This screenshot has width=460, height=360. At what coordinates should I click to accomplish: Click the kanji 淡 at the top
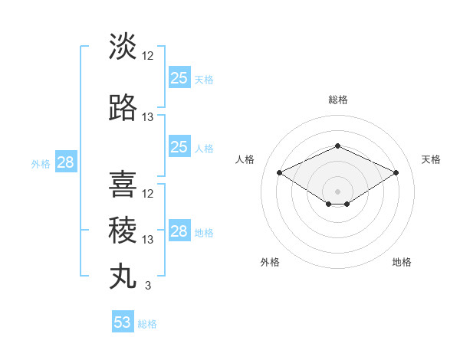point(123,46)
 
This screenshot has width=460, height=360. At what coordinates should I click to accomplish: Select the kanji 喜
point(123,185)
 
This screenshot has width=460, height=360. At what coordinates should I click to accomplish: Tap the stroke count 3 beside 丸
point(147,286)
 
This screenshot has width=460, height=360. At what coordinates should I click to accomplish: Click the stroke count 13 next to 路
point(148,116)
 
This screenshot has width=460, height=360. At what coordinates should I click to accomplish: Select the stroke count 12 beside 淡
point(148,56)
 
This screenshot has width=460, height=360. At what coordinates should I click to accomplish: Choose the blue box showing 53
point(123,322)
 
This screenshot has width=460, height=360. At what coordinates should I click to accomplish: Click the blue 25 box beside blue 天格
point(179,78)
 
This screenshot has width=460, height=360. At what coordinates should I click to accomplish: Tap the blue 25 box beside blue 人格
point(179,147)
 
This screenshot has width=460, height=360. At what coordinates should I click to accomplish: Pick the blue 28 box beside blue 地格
point(179,231)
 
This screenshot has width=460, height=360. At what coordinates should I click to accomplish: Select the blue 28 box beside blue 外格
point(65,162)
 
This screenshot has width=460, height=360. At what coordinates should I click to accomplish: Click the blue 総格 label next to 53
point(147,324)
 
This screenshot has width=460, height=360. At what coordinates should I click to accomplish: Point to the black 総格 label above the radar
point(337,100)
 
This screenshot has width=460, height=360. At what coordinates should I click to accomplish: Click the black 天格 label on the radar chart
point(432,159)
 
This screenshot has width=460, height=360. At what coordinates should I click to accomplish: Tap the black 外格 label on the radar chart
point(270,262)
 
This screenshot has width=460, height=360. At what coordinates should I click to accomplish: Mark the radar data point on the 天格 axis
point(396,172)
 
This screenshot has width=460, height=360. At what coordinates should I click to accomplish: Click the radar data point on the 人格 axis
point(279,172)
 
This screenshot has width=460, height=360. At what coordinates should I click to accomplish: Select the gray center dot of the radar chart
point(337,191)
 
